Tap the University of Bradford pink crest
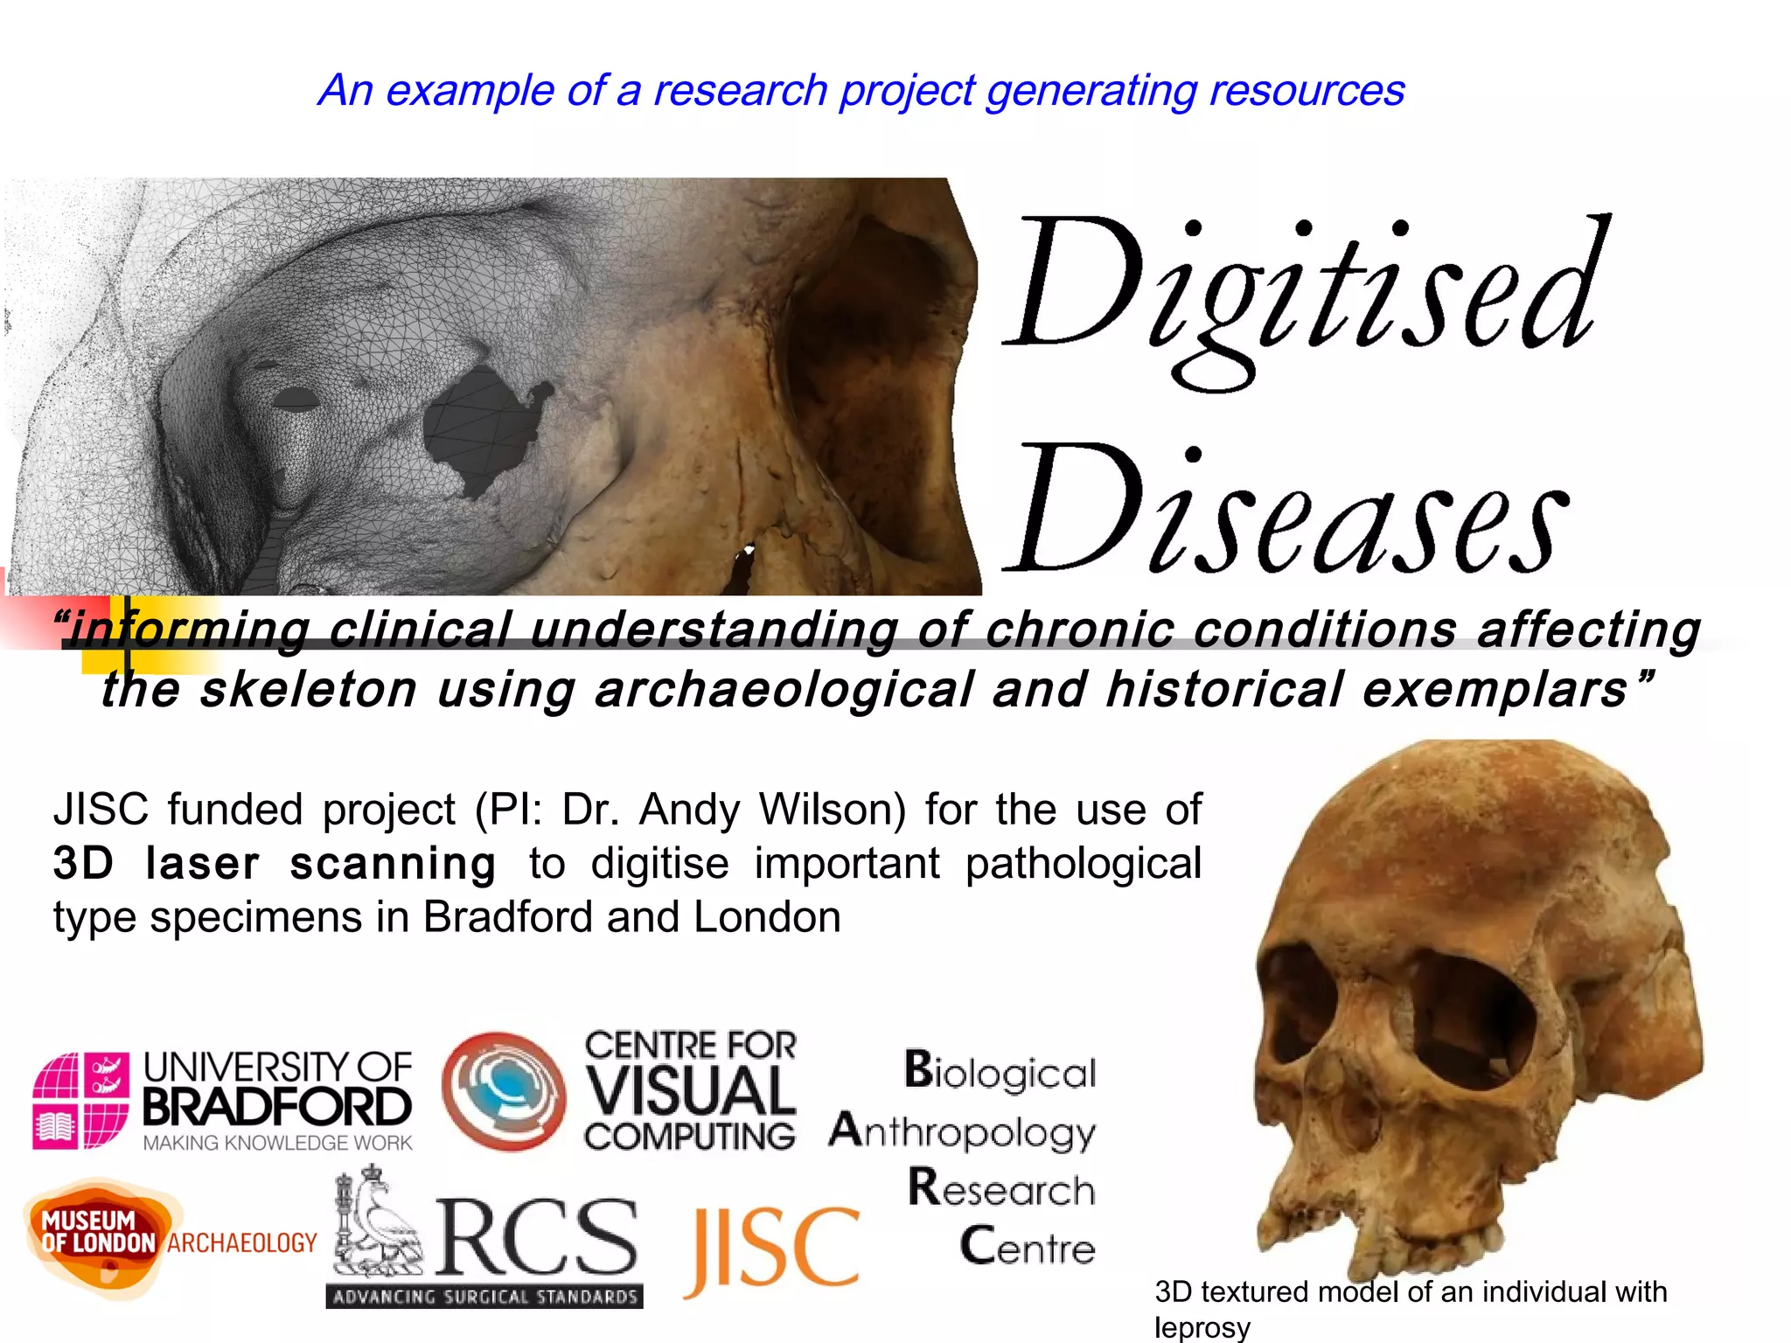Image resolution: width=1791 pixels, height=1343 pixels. pyautogui.click(x=80, y=1100)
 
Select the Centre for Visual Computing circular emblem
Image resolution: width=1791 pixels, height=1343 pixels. pyautogui.click(x=503, y=1091)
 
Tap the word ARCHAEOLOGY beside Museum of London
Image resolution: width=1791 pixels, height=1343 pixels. pyautogui.click(x=242, y=1243)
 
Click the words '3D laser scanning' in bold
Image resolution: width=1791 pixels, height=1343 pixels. pyautogui.click(x=274, y=864)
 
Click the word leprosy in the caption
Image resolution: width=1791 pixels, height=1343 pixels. pyautogui.click(x=1202, y=1327)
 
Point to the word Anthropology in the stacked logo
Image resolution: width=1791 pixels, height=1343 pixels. pyautogui.click(x=962, y=1131)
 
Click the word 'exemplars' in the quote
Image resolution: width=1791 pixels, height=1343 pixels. pyautogui.click(x=1495, y=690)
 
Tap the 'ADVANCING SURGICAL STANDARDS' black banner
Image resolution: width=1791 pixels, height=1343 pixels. pyautogui.click(x=484, y=1296)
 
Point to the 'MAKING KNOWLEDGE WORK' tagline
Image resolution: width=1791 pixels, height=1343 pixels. pyautogui.click(x=277, y=1143)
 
